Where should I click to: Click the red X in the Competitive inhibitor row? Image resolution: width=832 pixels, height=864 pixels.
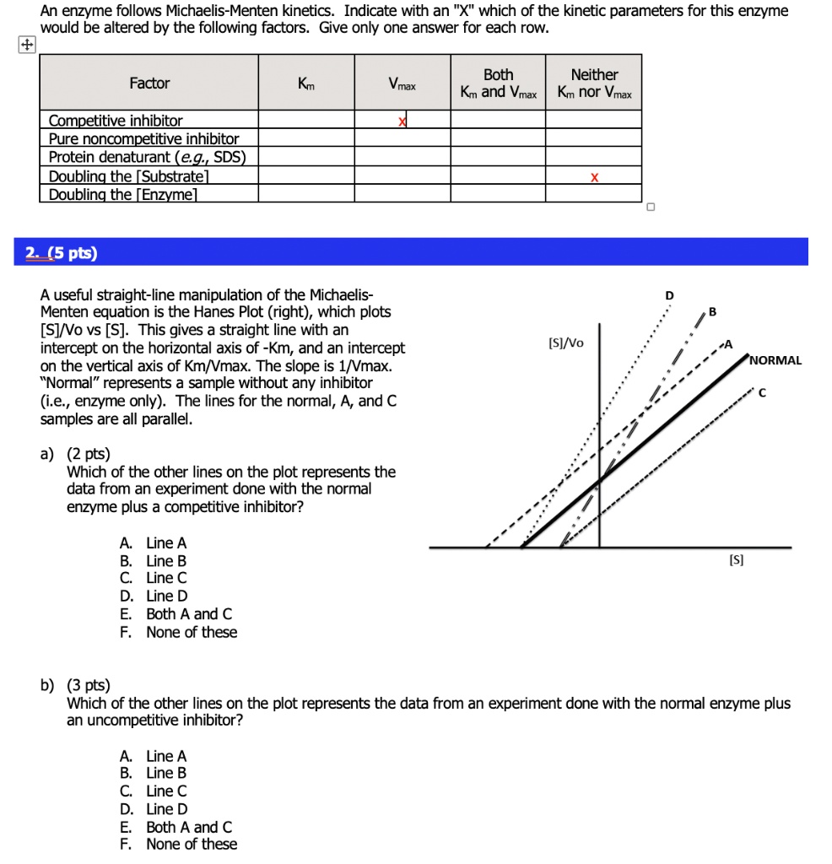[402, 121]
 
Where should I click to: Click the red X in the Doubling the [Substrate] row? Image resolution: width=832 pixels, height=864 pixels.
[594, 178]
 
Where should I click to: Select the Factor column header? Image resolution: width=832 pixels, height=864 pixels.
[149, 84]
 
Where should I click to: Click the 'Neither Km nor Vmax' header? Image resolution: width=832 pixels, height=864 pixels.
[594, 84]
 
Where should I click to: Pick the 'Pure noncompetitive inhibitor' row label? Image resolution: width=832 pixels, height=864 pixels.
[143, 138]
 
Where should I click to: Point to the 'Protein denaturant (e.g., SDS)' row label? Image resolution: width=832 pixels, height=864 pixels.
[147, 157]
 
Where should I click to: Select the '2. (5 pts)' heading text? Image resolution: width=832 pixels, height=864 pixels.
[61, 252]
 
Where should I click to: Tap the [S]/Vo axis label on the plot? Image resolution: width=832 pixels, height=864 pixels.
[565, 343]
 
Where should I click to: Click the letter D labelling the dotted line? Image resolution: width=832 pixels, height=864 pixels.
[669, 295]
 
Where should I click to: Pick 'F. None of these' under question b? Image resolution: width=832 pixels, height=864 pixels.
[179, 845]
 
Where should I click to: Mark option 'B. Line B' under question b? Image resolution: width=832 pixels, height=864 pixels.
[154, 774]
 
